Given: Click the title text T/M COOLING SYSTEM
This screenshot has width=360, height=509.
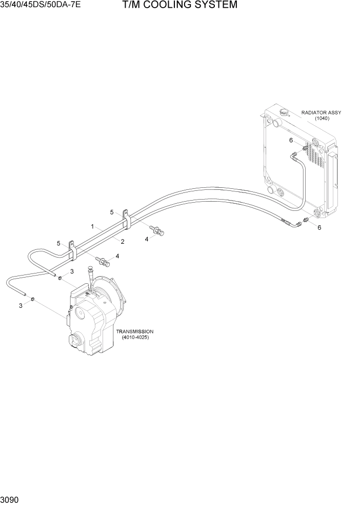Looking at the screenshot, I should coord(179,6).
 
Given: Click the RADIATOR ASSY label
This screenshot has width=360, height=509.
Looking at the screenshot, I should coord(321,112).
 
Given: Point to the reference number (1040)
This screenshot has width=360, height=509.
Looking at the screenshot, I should coord(322,119).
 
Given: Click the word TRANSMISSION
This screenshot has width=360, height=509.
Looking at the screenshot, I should coord(135,331).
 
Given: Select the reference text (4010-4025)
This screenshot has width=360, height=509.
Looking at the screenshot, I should coord(135,338).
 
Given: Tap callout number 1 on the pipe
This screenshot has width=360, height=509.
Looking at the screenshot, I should coord(92,226).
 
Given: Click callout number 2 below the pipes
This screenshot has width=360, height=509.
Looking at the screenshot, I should coord(123,241).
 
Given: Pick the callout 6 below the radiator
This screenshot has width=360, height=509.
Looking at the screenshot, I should coord(319,227).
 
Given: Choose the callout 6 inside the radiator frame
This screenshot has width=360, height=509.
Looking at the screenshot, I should coord(291,140).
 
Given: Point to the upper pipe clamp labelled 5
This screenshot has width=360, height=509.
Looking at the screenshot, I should coord(125,219).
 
